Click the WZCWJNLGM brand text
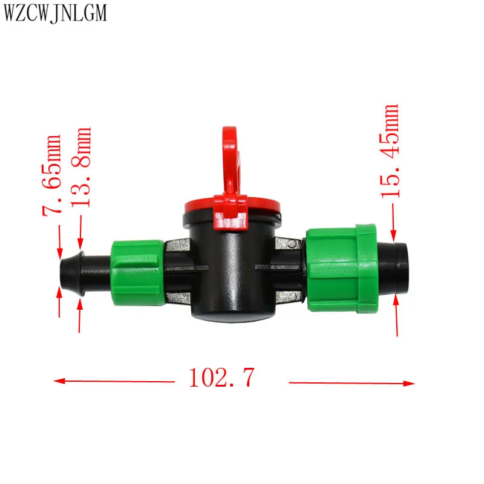[55, 13]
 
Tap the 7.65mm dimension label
[51, 175]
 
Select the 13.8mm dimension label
[81, 167]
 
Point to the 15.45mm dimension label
[390, 151]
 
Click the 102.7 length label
[221, 377]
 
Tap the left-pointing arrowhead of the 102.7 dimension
[59, 381]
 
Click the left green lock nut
[138, 273]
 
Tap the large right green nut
[342, 268]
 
